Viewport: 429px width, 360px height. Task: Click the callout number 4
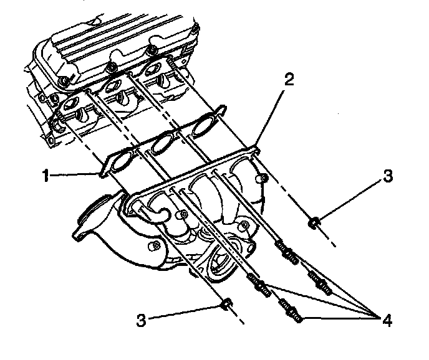click(x=387, y=321)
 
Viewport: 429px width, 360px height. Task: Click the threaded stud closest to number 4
click(x=292, y=312)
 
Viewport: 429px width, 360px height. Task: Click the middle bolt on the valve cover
click(x=111, y=65)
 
